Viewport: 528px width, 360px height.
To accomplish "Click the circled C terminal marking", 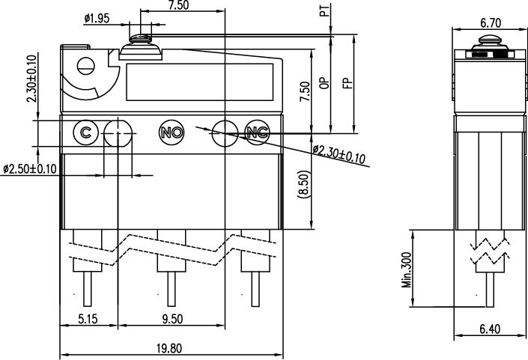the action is [x=85, y=132].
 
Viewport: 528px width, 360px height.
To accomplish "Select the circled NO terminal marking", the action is [x=172, y=132].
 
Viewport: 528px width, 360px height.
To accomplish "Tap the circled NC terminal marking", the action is [x=258, y=132].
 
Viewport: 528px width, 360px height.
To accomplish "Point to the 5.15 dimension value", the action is [x=88, y=318].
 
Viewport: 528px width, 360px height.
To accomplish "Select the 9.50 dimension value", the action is [x=172, y=318].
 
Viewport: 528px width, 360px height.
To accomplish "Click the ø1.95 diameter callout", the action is [x=97, y=18].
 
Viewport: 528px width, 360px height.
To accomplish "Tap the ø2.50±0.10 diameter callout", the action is [x=30, y=168].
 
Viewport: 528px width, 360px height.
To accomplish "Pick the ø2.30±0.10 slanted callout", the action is [x=339, y=154].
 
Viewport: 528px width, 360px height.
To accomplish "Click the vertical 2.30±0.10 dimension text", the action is [x=32, y=79].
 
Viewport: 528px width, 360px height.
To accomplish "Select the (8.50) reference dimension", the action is [x=304, y=184].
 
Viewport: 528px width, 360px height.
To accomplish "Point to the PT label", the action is [x=324, y=10].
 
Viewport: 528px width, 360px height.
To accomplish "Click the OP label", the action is [x=324, y=83].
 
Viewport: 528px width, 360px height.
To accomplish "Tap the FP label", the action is [x=348, y=83].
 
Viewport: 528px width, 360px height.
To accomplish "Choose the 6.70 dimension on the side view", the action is [x=491, y=23].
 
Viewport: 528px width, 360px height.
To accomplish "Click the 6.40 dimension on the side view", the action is [x=490, y=329].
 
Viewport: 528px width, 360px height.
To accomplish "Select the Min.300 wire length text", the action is [x=407, y=270].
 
